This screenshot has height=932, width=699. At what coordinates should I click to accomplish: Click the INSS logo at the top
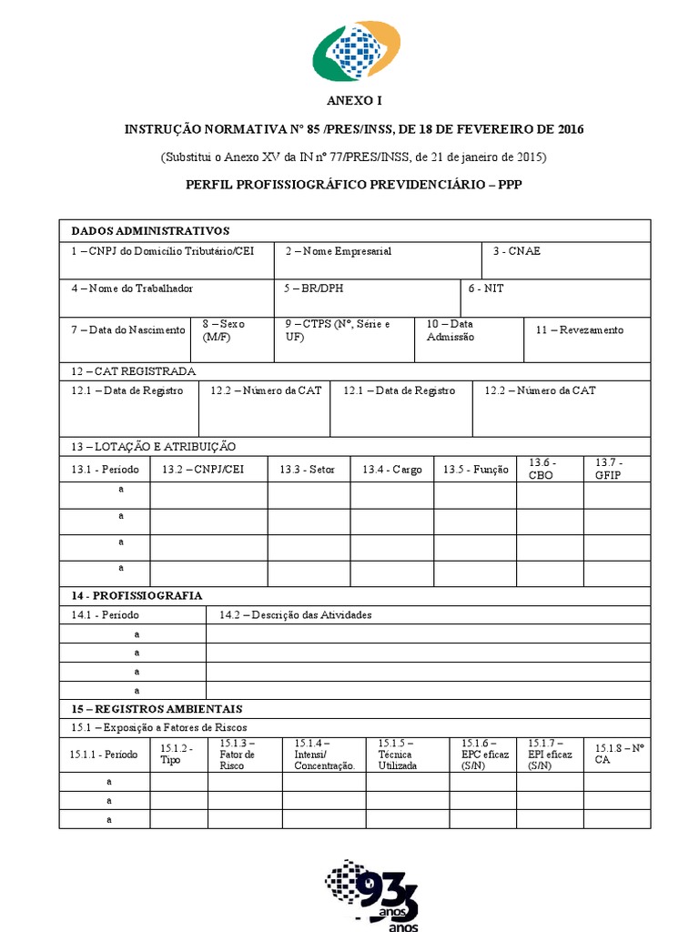(x=356, y=52)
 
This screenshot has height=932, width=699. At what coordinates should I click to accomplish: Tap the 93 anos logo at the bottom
(x=373, y=897)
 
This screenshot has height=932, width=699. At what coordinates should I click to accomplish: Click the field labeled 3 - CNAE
(x=516, y=251)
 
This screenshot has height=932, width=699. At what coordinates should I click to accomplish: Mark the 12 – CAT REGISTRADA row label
(x=134, y=370)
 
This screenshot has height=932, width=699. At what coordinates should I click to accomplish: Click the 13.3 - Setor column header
(x=308, y=470)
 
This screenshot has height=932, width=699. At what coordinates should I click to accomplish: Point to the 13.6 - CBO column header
(x=542, y=469)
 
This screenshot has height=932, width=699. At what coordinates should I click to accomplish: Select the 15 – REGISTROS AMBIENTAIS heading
(x=157, y=708)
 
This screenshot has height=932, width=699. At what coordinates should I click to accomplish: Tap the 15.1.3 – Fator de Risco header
(x=238, y=755)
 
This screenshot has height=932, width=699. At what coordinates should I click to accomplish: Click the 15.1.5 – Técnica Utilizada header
(x=398, y=755)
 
